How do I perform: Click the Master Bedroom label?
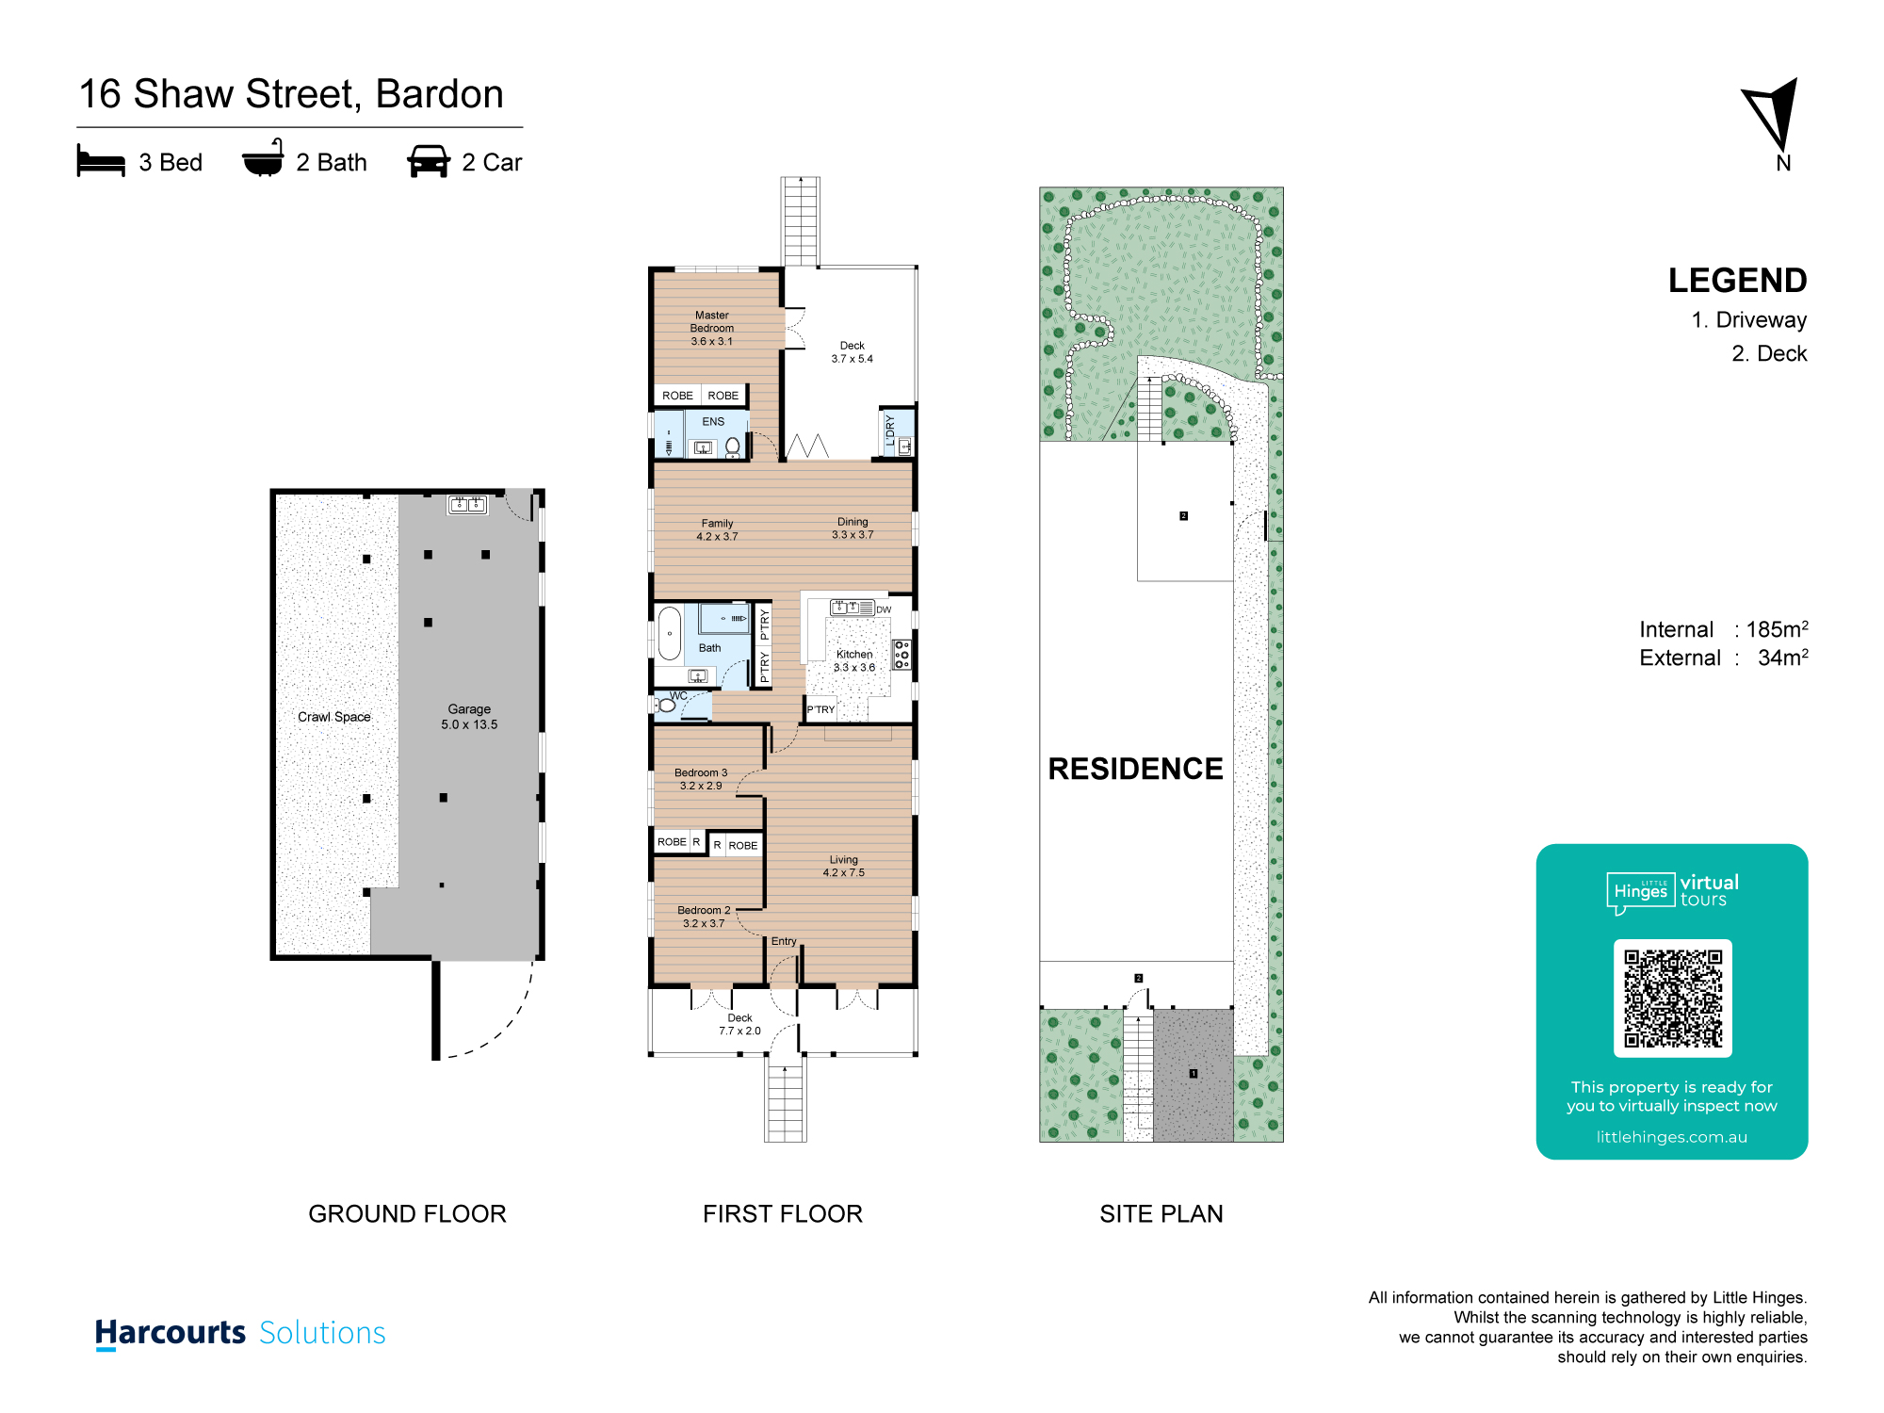click(x=712, y=328)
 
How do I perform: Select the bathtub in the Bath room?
click(x=670, y=633)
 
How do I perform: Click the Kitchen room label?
click(x=854, y=660)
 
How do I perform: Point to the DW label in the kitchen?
click(x=884, y=609)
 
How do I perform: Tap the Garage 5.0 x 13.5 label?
click(x=469, y=717)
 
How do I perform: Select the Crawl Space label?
click(x=334, y=717)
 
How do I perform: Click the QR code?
click(x=1672, y=999)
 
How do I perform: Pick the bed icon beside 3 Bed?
click(x=101, y=161)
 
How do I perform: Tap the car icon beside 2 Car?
click(x=429, y=161)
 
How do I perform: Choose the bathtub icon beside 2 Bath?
click(x=263, y=159)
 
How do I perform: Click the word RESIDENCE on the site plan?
click(x=1135, y=769)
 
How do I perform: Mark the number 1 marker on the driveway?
click(x=1194, y=1074)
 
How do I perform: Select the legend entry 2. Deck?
click(x=1769, y=353)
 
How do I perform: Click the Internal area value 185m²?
click(x=1777, y=629)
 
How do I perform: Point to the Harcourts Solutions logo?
click(x=240, y=1333)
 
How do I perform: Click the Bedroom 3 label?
click(x=701, y=779)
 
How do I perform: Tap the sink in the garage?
click(x=467, y=504)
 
